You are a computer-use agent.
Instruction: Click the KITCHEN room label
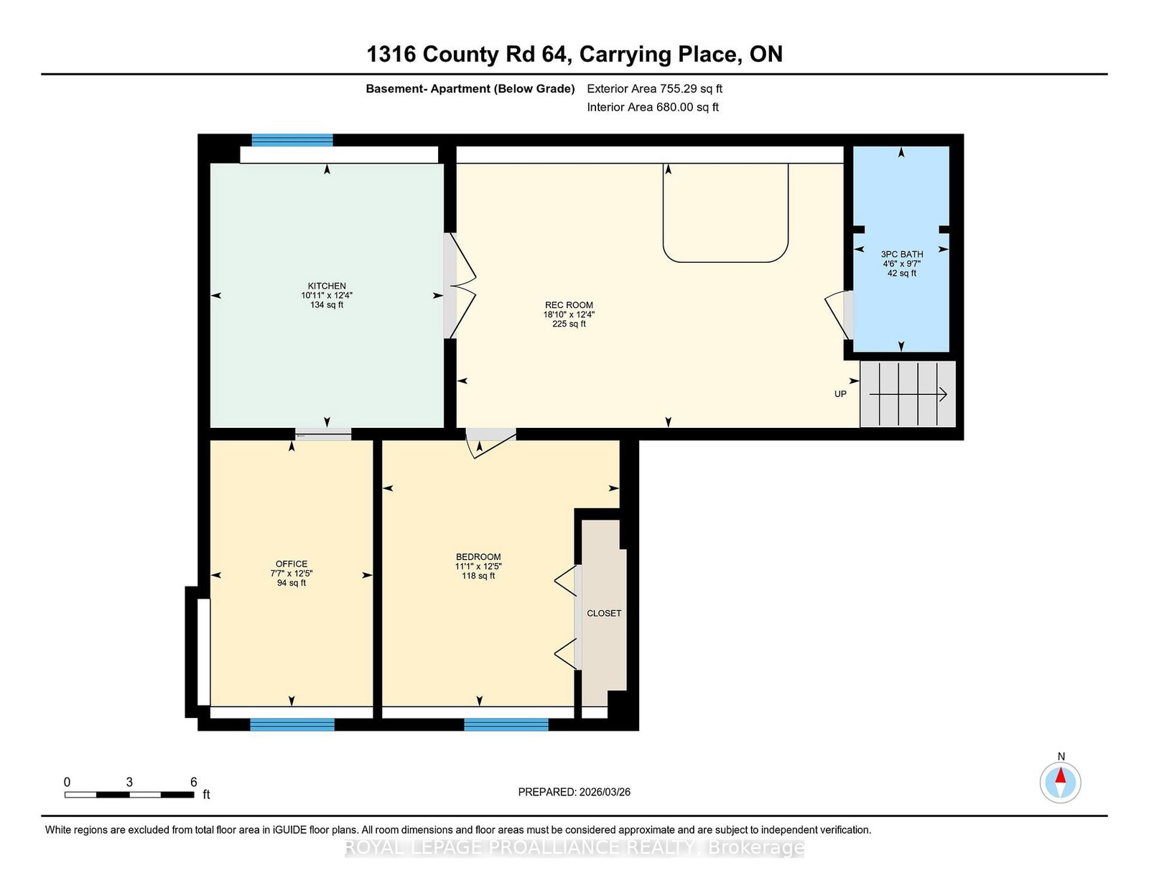327,286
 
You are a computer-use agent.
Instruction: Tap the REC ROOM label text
569,305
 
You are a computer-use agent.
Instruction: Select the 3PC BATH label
901,254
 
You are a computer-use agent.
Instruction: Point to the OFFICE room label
292,564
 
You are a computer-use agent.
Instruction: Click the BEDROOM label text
478,556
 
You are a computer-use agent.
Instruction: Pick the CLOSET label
604,613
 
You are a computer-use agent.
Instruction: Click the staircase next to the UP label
908,394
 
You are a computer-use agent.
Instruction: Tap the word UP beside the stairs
840,394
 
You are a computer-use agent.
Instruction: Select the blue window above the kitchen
292,140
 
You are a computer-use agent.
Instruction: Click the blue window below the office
292,724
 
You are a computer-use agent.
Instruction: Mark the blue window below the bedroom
506,724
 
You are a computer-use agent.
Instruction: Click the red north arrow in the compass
1060,775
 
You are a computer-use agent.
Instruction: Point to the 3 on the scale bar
129,782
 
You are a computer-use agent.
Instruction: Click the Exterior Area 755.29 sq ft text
655,89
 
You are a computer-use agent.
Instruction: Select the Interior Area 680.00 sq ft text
653,107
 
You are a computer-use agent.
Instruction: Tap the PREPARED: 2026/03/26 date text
574,792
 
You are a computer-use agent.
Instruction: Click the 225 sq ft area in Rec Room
569,324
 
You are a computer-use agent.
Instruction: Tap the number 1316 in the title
391,55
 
